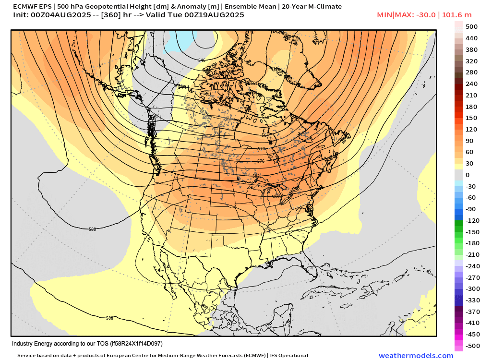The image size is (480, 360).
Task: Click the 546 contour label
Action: point(202,60)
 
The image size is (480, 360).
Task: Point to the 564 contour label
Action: point(265,135)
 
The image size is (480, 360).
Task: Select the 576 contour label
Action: point(261,161)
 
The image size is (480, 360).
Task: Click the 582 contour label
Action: point(256,176)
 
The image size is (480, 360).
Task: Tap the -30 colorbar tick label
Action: point(471,186)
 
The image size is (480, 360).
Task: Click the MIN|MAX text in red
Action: point(392,15)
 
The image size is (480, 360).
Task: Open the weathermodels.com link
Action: point(416,356)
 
